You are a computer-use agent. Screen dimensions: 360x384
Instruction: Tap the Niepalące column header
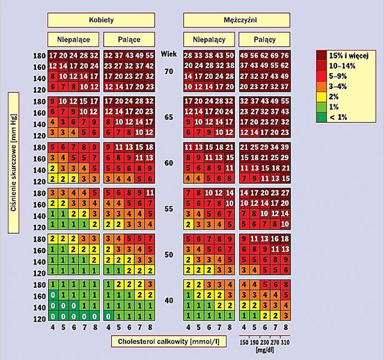pyautogui.click(x=73, y=39)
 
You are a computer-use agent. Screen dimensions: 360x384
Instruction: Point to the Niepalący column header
pyautogui.click(x=209, y=39)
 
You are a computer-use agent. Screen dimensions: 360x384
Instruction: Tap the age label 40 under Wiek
pyautogui.click(x=169, y=300)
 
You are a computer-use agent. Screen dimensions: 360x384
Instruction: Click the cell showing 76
pyautogui.click(x=285, y=56)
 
